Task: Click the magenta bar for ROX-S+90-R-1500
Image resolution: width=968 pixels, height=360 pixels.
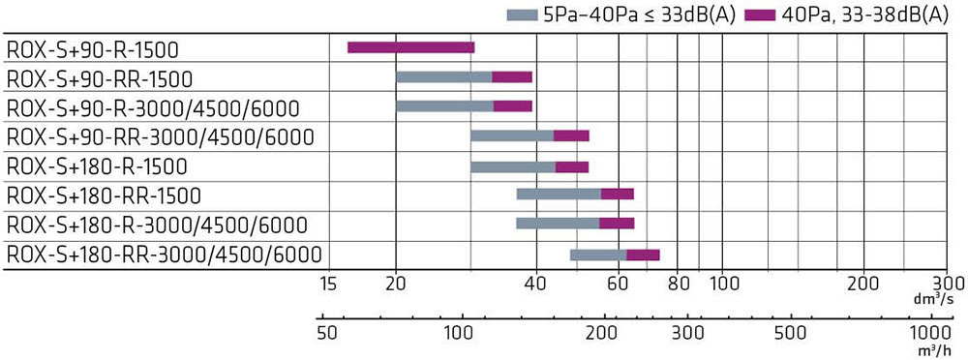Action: [411, 47]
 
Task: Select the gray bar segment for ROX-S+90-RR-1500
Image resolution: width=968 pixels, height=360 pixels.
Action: [444, 77]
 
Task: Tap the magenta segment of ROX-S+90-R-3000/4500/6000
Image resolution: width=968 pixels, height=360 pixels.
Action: [512, 106]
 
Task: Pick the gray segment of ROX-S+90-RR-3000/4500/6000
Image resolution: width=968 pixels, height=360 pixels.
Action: [512, 135]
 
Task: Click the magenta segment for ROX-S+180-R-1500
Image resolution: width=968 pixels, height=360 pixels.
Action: [572, 166]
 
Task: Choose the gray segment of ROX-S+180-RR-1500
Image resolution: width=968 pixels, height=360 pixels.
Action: [559, 195]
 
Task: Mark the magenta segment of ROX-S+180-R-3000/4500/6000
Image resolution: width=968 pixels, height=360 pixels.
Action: [617, 224]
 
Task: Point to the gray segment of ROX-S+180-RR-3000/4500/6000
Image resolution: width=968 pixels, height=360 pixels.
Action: [598, 255]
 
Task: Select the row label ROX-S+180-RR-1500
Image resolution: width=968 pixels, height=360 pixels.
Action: [104, 195]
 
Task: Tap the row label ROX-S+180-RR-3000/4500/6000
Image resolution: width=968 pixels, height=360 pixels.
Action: [164, 255]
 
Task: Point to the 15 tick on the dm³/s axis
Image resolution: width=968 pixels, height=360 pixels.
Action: [328, 285]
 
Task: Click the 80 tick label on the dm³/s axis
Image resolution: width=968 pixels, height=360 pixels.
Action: [678, 285]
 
